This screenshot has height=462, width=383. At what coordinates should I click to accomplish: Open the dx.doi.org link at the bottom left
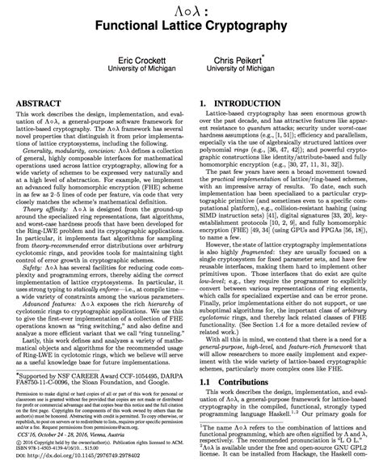(x=75, y=457)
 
